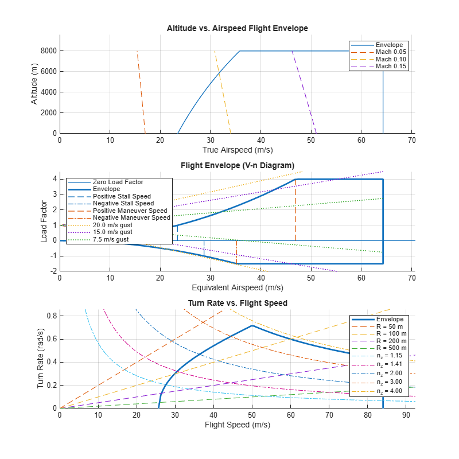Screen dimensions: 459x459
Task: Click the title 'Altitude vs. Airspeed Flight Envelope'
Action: (x=237, y=28)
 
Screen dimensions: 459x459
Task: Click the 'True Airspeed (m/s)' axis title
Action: (x=237, y=150)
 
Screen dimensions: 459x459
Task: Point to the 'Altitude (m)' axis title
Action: (x=34, y=84)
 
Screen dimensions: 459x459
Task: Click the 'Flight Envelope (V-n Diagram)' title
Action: (x=237, y=166)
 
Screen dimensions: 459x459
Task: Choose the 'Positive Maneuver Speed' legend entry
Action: (x=131, y=211)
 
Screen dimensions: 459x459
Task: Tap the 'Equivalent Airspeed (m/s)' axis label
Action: (x=237, y=287)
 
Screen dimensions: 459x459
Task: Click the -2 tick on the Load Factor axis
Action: (x=53, y=271)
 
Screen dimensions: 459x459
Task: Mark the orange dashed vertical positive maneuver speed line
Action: (x=295, y=212)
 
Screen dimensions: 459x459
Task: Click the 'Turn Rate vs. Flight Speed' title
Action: (x=237, y=303)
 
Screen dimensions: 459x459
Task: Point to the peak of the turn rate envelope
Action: (x=252, y=326)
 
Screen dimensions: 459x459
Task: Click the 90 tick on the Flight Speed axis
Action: (x=404, y=415)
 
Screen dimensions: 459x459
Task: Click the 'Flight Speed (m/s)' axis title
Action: (x=237, y=425)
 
